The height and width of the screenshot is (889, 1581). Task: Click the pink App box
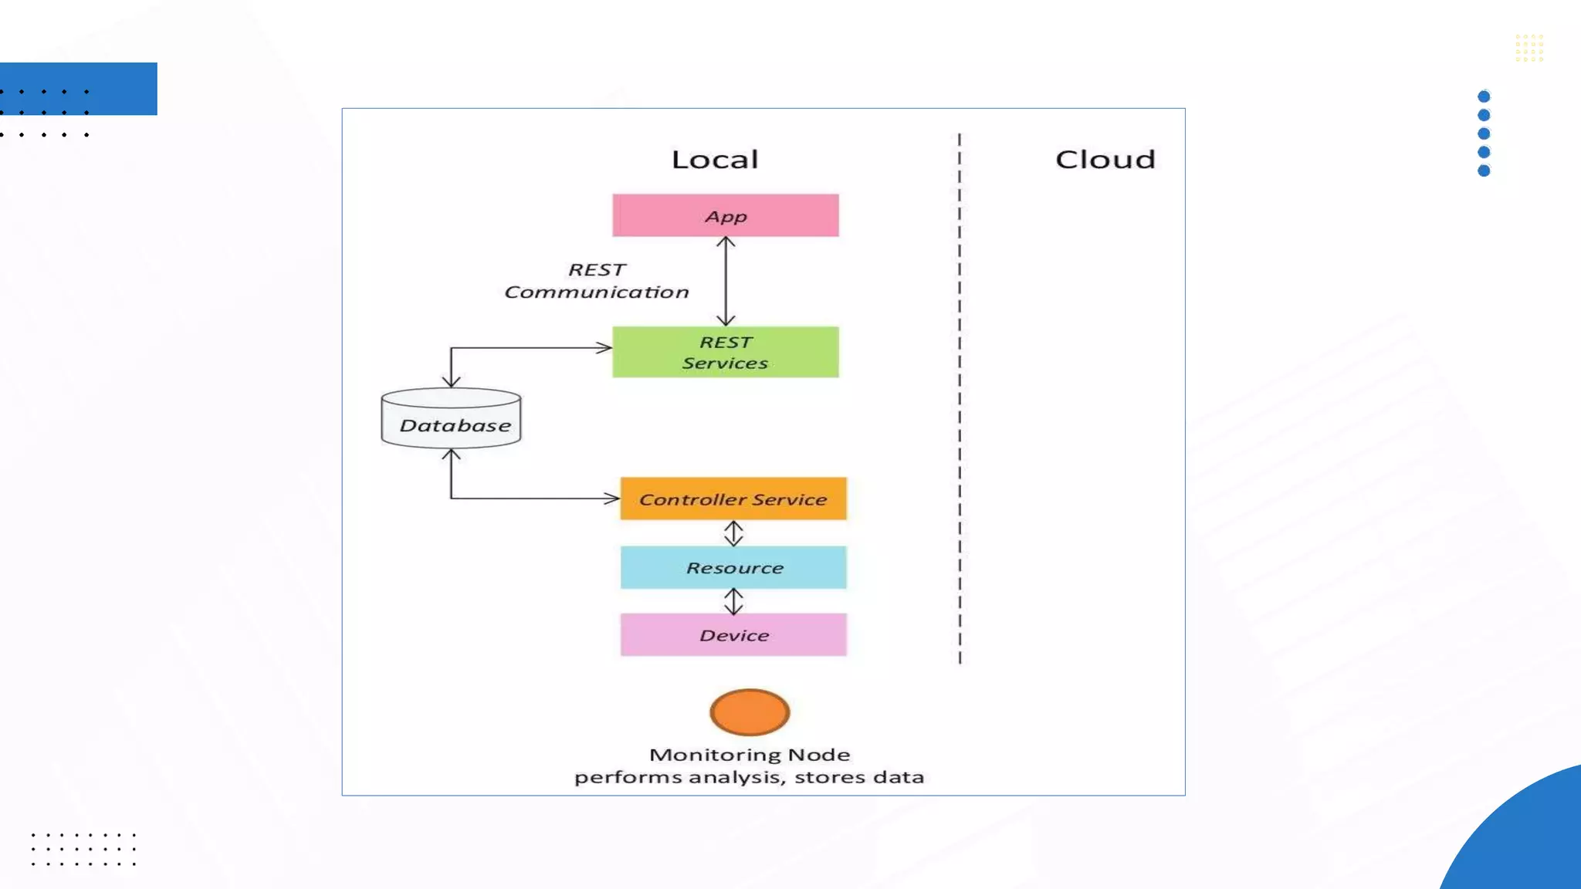(x=725, y=215)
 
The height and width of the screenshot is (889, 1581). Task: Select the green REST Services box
(x=725, y=352)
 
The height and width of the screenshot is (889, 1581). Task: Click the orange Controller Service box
(x=733, y=499)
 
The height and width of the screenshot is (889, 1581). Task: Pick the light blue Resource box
(x=733, y=567)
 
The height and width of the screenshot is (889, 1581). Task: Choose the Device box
(x=733, y=634)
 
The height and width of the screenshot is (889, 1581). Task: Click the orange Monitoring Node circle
(x=749, y=712)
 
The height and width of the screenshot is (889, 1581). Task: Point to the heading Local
(x=715, y=160)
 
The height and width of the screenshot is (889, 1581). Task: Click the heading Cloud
(x=1105, y=160)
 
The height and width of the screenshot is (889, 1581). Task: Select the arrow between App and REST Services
(x=725, y=281)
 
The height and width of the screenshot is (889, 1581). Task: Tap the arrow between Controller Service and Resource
(x=733, y=533)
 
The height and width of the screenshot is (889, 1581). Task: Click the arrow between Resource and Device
(x=733, y=601)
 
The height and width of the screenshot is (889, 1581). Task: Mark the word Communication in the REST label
(x=596, y=292)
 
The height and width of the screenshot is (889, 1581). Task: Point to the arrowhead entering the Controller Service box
(x=613, y=499)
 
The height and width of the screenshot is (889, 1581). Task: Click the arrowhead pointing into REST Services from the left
(x=605, y=348)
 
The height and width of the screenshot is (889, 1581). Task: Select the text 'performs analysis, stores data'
(x=749, y=777)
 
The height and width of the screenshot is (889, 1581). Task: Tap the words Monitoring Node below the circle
(x=749, y=755)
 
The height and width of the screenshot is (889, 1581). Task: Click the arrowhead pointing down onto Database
(x=452, y=381)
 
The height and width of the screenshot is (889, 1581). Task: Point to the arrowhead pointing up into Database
(x=452, y=455)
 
